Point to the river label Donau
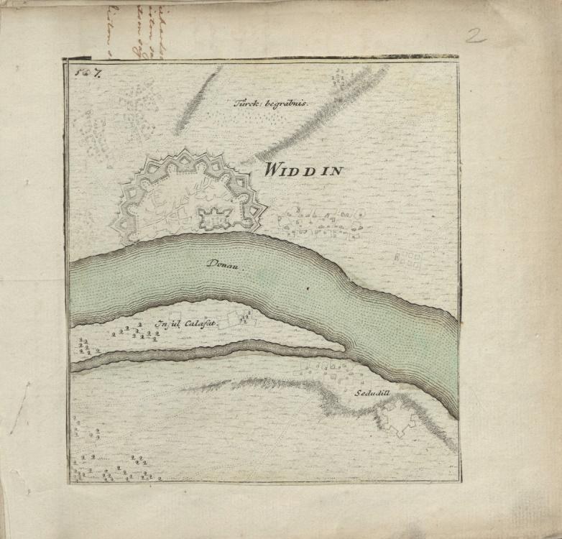tap(225, 264)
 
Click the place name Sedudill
tap(372, 394)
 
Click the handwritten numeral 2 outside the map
tap(474, 35)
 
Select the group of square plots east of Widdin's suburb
tap(407, 259)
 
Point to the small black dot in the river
tap(308, 288)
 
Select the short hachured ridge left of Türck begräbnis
tap(195, 101)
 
